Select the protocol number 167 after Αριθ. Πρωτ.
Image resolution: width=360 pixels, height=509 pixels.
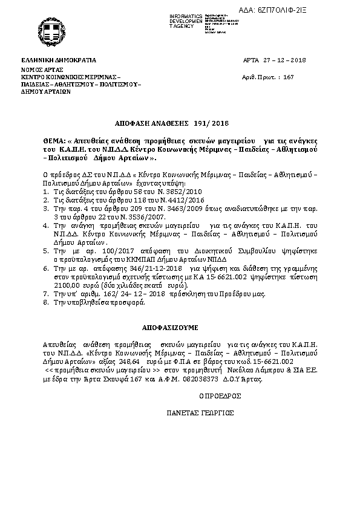click(x=288, y=77)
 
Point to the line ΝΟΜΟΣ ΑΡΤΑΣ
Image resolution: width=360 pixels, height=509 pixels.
click(x=39, y=70)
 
